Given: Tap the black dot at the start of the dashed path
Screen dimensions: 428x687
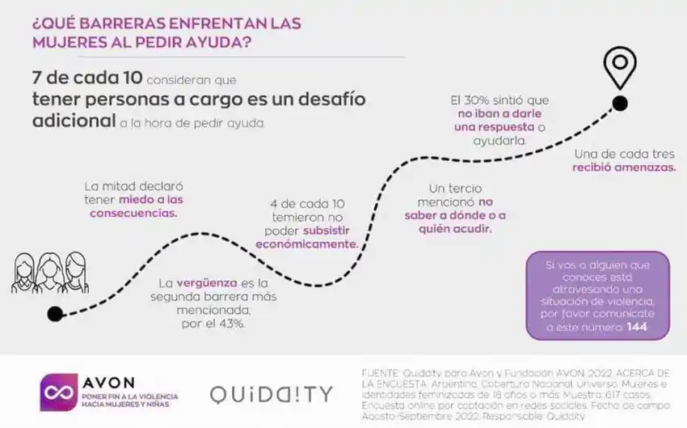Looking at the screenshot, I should point(55,314).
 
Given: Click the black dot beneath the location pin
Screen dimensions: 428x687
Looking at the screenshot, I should point(620,103).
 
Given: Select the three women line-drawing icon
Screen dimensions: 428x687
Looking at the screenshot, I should point(48,272).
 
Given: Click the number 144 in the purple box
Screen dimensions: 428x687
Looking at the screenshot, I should point(636,327).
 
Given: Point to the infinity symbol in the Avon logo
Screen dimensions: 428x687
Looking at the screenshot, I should point(59,392).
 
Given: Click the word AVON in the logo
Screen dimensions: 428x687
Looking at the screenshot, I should point(108,382).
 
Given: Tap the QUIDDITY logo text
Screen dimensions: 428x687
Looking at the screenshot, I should point(271,394).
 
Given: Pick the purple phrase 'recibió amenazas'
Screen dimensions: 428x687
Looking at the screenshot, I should point(625,167).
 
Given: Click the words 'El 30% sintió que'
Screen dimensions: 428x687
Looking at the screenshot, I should point(499,100).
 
